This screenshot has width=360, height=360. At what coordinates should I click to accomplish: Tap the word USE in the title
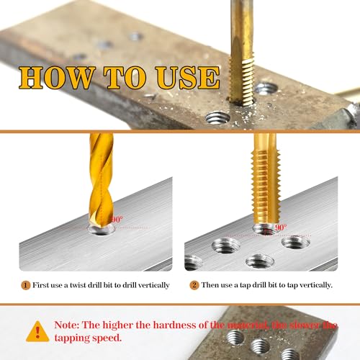click(184, 78)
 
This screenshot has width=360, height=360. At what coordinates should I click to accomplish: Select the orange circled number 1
click(26, 285)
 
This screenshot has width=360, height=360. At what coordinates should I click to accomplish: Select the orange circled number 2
click(194, 285)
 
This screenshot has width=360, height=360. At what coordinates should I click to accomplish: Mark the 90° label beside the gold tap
click(279, 227)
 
